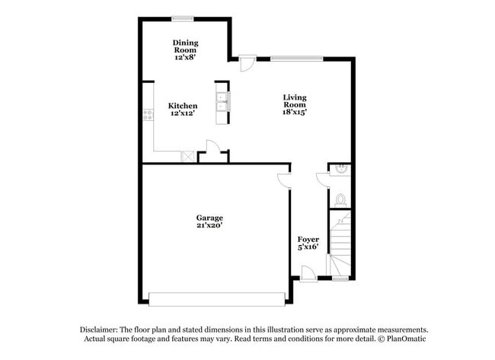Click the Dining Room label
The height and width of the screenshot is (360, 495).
[184, 46]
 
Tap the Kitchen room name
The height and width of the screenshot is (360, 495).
[183, 106]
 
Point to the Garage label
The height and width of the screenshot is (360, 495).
[209, 218]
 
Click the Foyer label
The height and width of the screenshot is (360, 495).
[308, 240]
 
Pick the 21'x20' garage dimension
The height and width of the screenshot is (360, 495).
[209, 226]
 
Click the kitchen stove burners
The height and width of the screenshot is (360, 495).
[147, 115]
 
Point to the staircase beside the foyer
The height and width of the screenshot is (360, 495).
[341, 242]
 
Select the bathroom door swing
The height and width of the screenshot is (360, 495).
[323, 179]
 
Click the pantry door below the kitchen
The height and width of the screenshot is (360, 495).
[214, 148]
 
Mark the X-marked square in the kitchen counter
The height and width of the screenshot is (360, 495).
[187, 156]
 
